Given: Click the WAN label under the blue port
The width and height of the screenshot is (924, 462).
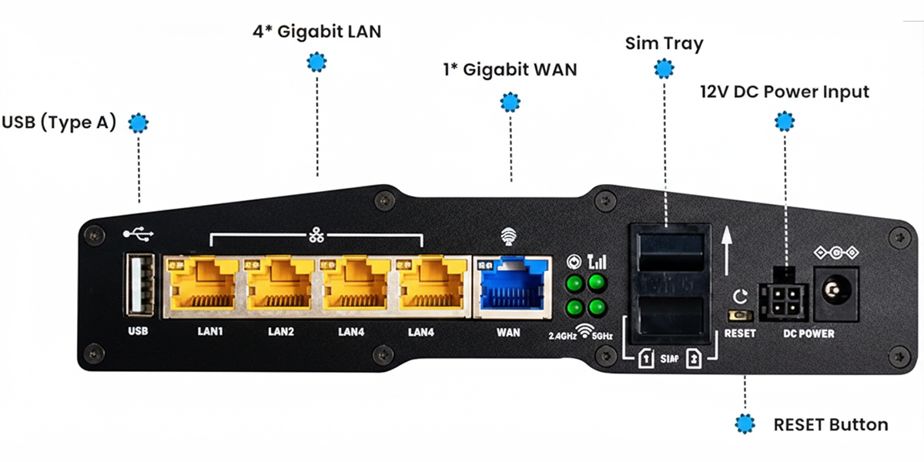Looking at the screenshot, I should click(509, 333).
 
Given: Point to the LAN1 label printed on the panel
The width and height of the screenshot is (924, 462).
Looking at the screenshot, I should click(206, 333).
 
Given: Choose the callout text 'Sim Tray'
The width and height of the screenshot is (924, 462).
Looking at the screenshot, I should click(664, 43).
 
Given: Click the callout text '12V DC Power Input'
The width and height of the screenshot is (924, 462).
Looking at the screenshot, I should click(785, 92).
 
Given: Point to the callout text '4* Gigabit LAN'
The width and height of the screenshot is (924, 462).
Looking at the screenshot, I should click(316, 32).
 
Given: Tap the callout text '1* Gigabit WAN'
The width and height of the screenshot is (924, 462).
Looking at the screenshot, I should click(510, 69).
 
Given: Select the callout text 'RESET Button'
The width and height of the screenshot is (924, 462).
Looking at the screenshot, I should click(831, 424).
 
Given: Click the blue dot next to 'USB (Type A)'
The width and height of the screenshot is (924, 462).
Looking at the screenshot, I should click(138, 122).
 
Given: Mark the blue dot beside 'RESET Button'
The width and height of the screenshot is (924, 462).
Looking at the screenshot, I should click(745, 424).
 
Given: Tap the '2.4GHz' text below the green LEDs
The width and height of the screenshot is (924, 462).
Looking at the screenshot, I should click(561, 336).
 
